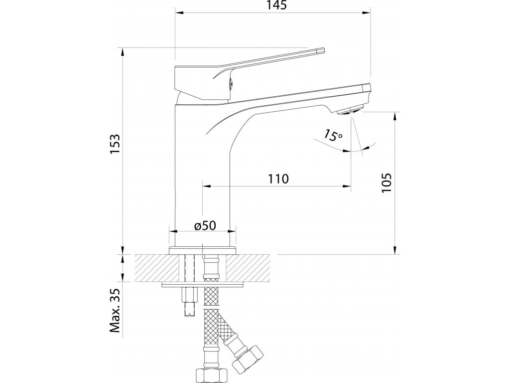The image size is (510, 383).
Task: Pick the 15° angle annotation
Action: click(x=332, y=135)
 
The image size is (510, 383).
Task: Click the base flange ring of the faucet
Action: click(x=203, y=250)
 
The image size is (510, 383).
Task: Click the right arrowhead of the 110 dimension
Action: click(x=346, y=187)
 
